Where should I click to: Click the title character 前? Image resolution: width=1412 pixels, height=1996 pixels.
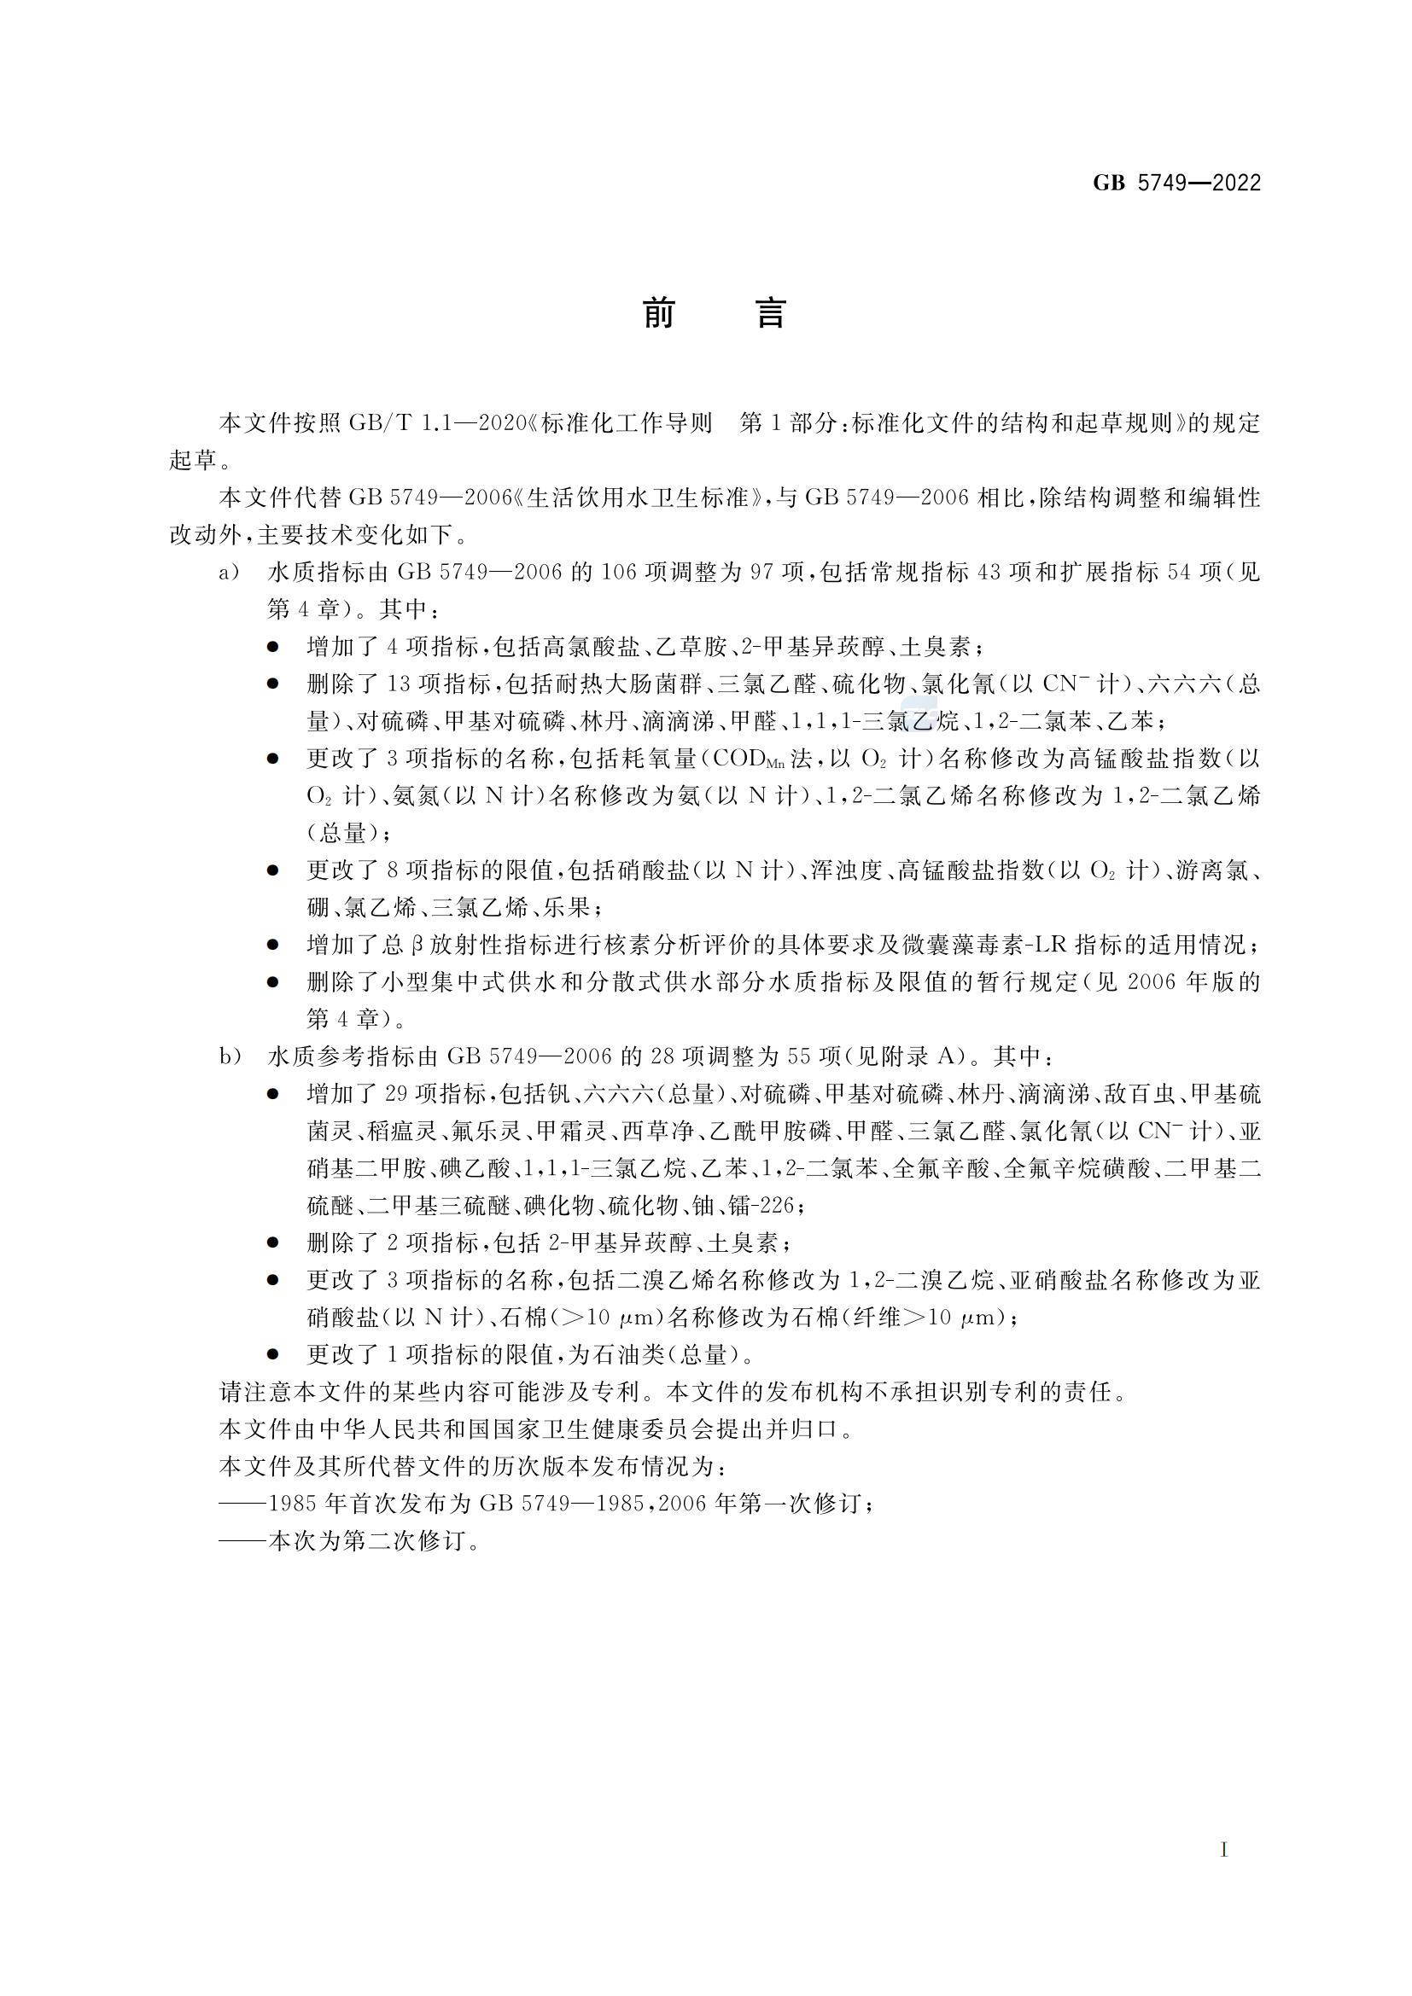(659, 314)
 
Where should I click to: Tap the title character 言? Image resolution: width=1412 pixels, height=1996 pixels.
(770, 314)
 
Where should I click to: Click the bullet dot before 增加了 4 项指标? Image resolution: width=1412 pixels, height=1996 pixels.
(274, 648)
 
